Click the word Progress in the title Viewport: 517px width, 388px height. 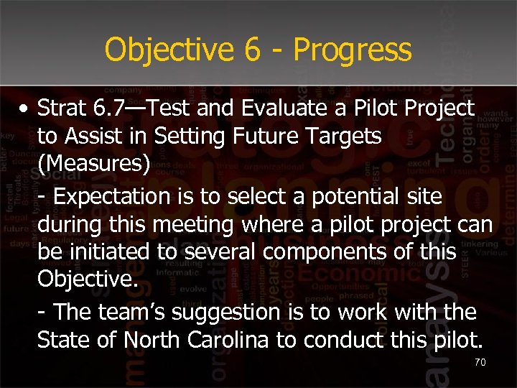tap(353, 51)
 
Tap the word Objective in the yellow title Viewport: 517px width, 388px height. tap(169, 51)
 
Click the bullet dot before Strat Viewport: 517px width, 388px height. tap(25, 109)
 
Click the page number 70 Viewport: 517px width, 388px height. tap(480, 363)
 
